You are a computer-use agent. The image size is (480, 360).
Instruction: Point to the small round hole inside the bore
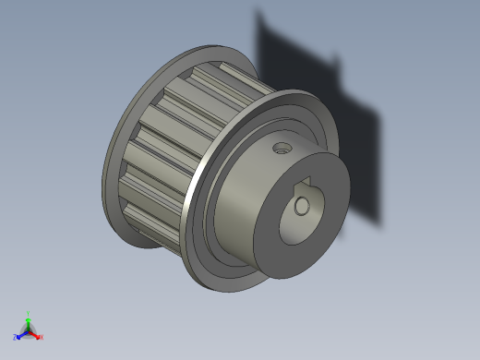302,207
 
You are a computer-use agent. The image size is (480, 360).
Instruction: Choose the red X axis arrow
35,333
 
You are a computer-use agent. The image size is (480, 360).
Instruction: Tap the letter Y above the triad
29,313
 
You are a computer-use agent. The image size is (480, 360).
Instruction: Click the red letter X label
41,337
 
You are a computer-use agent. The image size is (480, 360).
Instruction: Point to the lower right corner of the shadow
378,222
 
